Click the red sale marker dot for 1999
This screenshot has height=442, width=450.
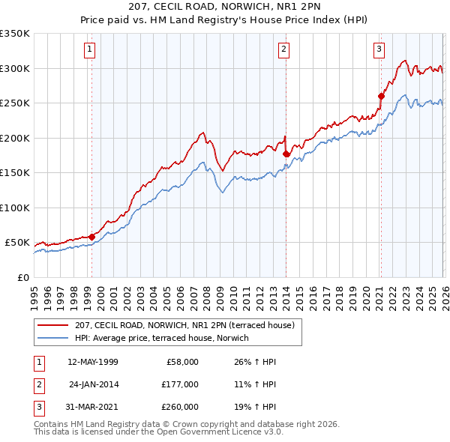[x=91, y=237]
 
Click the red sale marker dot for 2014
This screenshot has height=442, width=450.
[x=286, y=154]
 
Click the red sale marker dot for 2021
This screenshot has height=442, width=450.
[x=381, y=96]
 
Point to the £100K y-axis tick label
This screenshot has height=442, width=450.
[x=15, y=208]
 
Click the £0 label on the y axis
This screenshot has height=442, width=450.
[x=22, y=277]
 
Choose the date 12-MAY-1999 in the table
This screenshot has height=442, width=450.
[x=92, y=362]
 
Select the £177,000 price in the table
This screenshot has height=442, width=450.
[x=179, y=384]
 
